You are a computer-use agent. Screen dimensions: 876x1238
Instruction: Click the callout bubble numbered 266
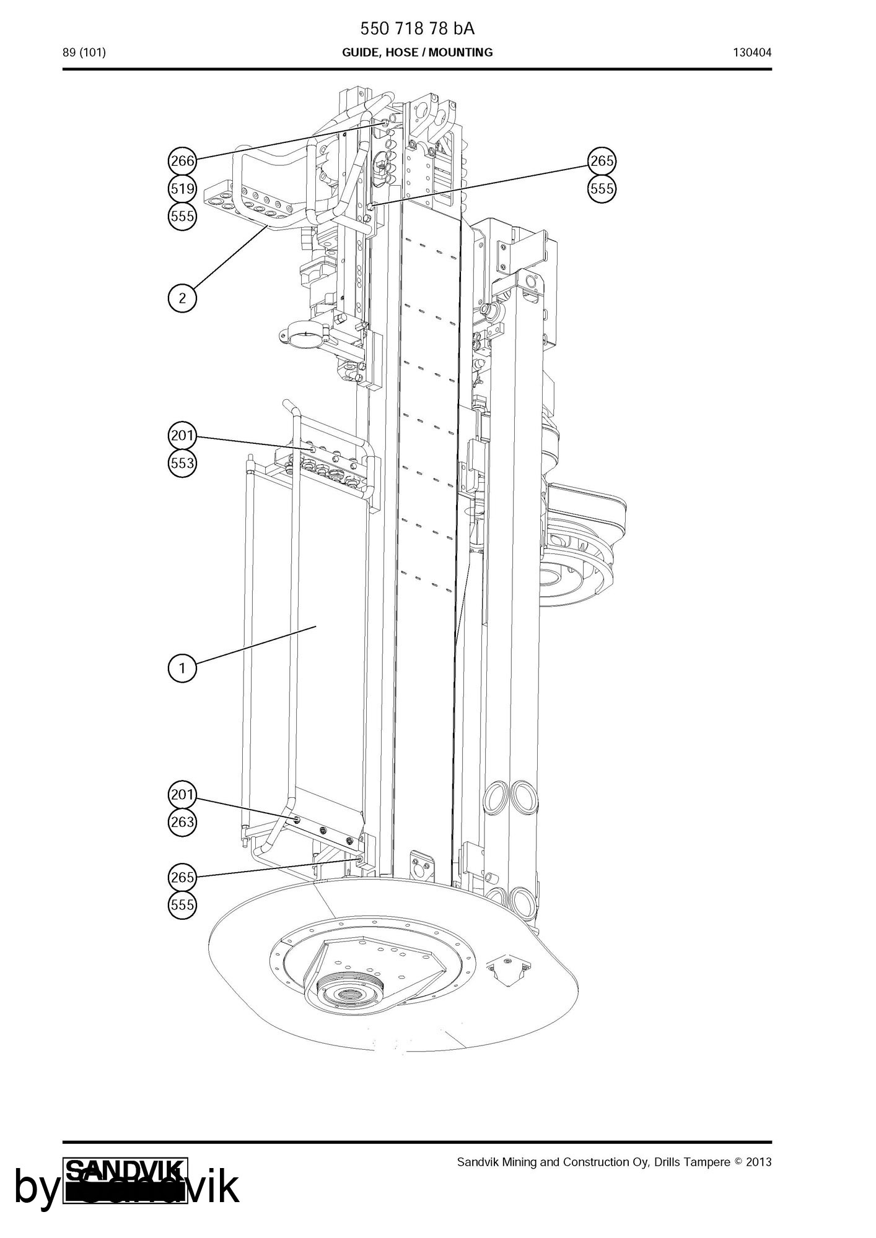pos(182,161)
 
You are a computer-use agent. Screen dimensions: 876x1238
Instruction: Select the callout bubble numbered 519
pos(182,188)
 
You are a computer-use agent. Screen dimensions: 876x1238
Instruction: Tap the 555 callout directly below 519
pos(182,216)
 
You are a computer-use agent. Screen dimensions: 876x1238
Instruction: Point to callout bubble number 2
pos(182,298)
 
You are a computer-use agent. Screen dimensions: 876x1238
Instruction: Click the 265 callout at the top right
pos(602,161)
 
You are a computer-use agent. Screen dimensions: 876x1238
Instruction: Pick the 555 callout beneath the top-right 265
pos(602,188)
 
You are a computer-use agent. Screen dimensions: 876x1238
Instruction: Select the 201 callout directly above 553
pos(182,435)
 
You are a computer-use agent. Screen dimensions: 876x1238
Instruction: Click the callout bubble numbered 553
pos(182,462)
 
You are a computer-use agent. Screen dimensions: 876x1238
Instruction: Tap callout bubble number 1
pos(182,668)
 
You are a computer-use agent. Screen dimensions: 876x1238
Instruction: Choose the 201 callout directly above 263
pos(182,794)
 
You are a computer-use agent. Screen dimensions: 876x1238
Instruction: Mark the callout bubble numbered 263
pos(182,821)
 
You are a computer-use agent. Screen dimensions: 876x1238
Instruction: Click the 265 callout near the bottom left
pos(182,877)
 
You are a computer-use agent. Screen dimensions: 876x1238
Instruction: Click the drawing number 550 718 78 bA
pos(418,28)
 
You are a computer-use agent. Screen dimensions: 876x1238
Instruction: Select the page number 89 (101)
pos(84,53)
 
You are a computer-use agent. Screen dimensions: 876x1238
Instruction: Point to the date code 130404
pos(753,53)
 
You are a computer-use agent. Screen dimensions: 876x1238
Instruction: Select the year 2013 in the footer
pos(759,1162)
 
